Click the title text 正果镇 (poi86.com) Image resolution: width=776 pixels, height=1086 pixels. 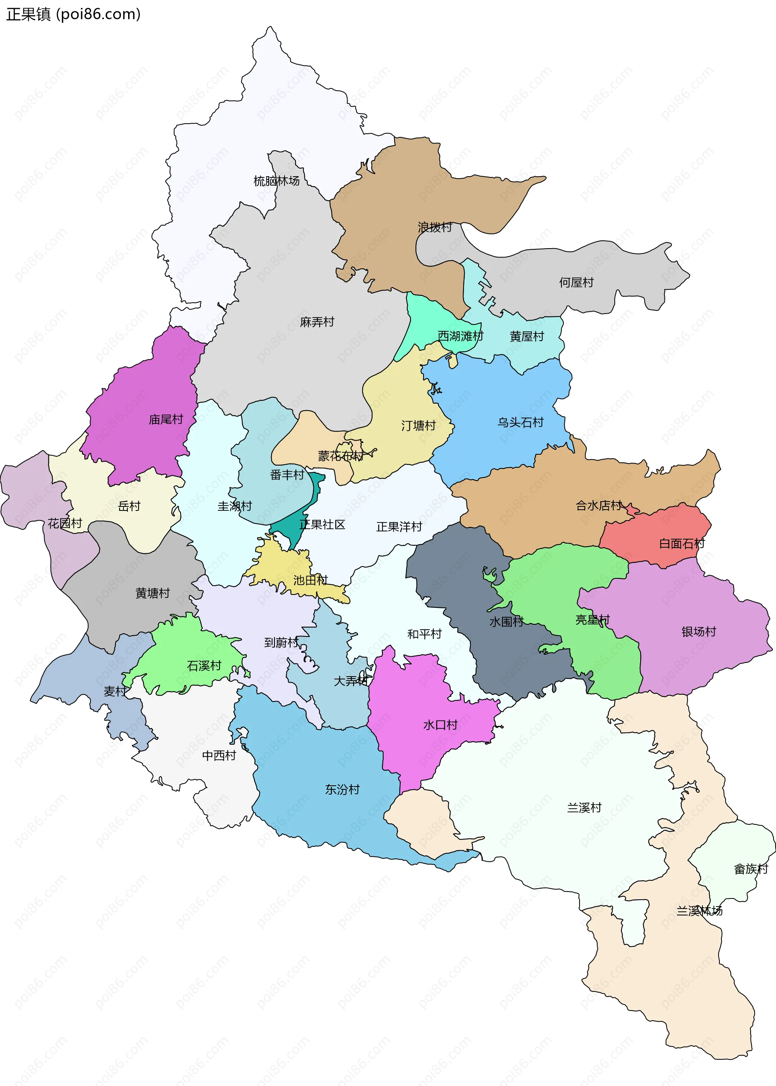(73, 14)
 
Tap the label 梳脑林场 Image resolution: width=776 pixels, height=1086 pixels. (276, 181)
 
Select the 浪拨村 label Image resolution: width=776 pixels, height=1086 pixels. (434, 227)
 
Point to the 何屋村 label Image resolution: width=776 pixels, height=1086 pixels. (576, 283)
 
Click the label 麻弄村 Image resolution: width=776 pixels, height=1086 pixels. (317, 322)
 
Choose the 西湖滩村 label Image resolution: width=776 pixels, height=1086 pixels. (460, 336)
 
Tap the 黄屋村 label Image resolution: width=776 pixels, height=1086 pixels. (527, 336)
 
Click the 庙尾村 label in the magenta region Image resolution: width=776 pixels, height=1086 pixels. (166, 420)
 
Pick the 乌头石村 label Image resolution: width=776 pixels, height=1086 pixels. (520, 422)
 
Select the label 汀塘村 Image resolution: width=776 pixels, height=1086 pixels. (418, 425)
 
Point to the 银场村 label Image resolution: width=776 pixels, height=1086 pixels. (698, 632)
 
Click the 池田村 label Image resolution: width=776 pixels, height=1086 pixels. (310, 580)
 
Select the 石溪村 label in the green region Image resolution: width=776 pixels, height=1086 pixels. (204, 666)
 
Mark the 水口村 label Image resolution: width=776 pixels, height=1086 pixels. (440, 725)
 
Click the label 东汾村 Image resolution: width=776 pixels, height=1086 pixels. (342, 789)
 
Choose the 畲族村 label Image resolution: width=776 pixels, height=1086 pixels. (751, 869)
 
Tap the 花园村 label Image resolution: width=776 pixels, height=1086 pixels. (65, 523)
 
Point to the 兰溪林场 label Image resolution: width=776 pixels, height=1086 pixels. (699, 911)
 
